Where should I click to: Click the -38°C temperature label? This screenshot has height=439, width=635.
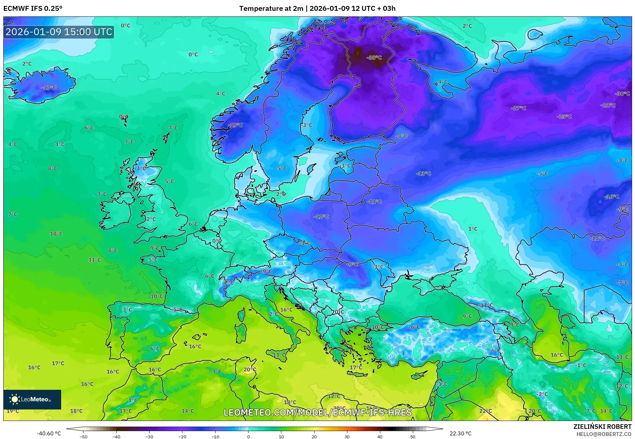(374, 57)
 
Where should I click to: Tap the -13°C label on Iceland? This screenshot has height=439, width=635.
(49, 88)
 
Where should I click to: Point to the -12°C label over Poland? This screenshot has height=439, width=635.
(321, 217)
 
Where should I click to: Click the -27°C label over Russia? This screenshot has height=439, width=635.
(519, 108)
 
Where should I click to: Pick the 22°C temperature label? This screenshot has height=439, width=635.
(485, 411)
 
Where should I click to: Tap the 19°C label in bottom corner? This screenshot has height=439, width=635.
(12, 411)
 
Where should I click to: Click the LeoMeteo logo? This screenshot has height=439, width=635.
(32, 399)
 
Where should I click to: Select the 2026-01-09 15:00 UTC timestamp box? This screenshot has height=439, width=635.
(59, 32)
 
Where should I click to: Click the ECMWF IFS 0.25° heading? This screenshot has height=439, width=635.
(33, 9)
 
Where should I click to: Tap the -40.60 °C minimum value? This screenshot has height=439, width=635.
(49, 433)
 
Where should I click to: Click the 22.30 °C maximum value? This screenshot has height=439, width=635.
(460, 433)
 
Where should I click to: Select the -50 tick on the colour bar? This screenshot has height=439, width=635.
(83, 437)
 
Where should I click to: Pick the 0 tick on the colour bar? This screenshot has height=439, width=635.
(248, 437)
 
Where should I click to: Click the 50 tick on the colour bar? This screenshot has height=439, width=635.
(412, 437)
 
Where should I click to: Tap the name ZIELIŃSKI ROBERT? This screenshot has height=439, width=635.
(602, 427)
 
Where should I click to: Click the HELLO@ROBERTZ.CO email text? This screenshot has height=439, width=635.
(603, 434)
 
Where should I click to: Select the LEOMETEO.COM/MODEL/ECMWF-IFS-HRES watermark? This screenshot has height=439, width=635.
(317, 412)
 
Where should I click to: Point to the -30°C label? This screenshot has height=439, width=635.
(622, 94)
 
